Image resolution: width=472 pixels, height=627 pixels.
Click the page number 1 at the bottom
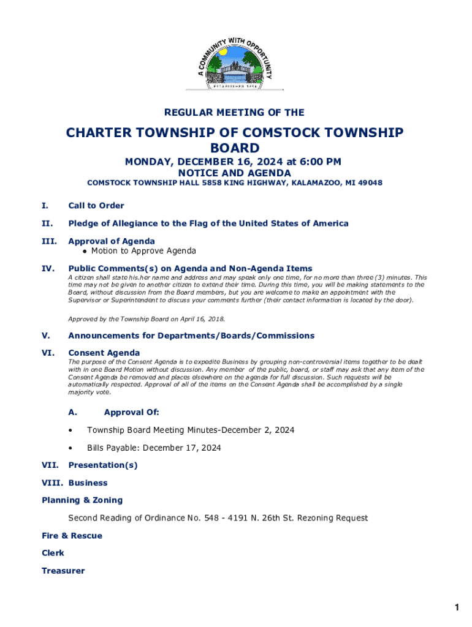[x=457, y=607]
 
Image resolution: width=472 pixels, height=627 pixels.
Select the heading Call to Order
[x=96, y=206]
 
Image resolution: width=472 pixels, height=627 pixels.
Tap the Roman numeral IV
[x=47, y=268]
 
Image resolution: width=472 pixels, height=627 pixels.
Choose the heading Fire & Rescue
[x=72, y=536]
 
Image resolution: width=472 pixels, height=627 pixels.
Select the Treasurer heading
[x=63, y=571]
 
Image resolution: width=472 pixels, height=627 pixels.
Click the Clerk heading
[x=53, y=553]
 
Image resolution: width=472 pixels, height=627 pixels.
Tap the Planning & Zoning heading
[x=82, y=500]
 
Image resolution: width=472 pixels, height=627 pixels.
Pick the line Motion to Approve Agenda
[x=143, y=250]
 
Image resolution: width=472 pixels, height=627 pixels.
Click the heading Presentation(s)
[x=103, y=465]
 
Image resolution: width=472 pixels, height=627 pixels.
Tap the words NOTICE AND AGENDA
[x=235, y=173]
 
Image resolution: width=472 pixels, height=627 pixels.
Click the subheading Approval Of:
[x=132, y=413]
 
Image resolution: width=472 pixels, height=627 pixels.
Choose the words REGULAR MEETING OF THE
[x=234, y=113]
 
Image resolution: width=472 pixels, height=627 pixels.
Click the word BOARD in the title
[x=235, y=148]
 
